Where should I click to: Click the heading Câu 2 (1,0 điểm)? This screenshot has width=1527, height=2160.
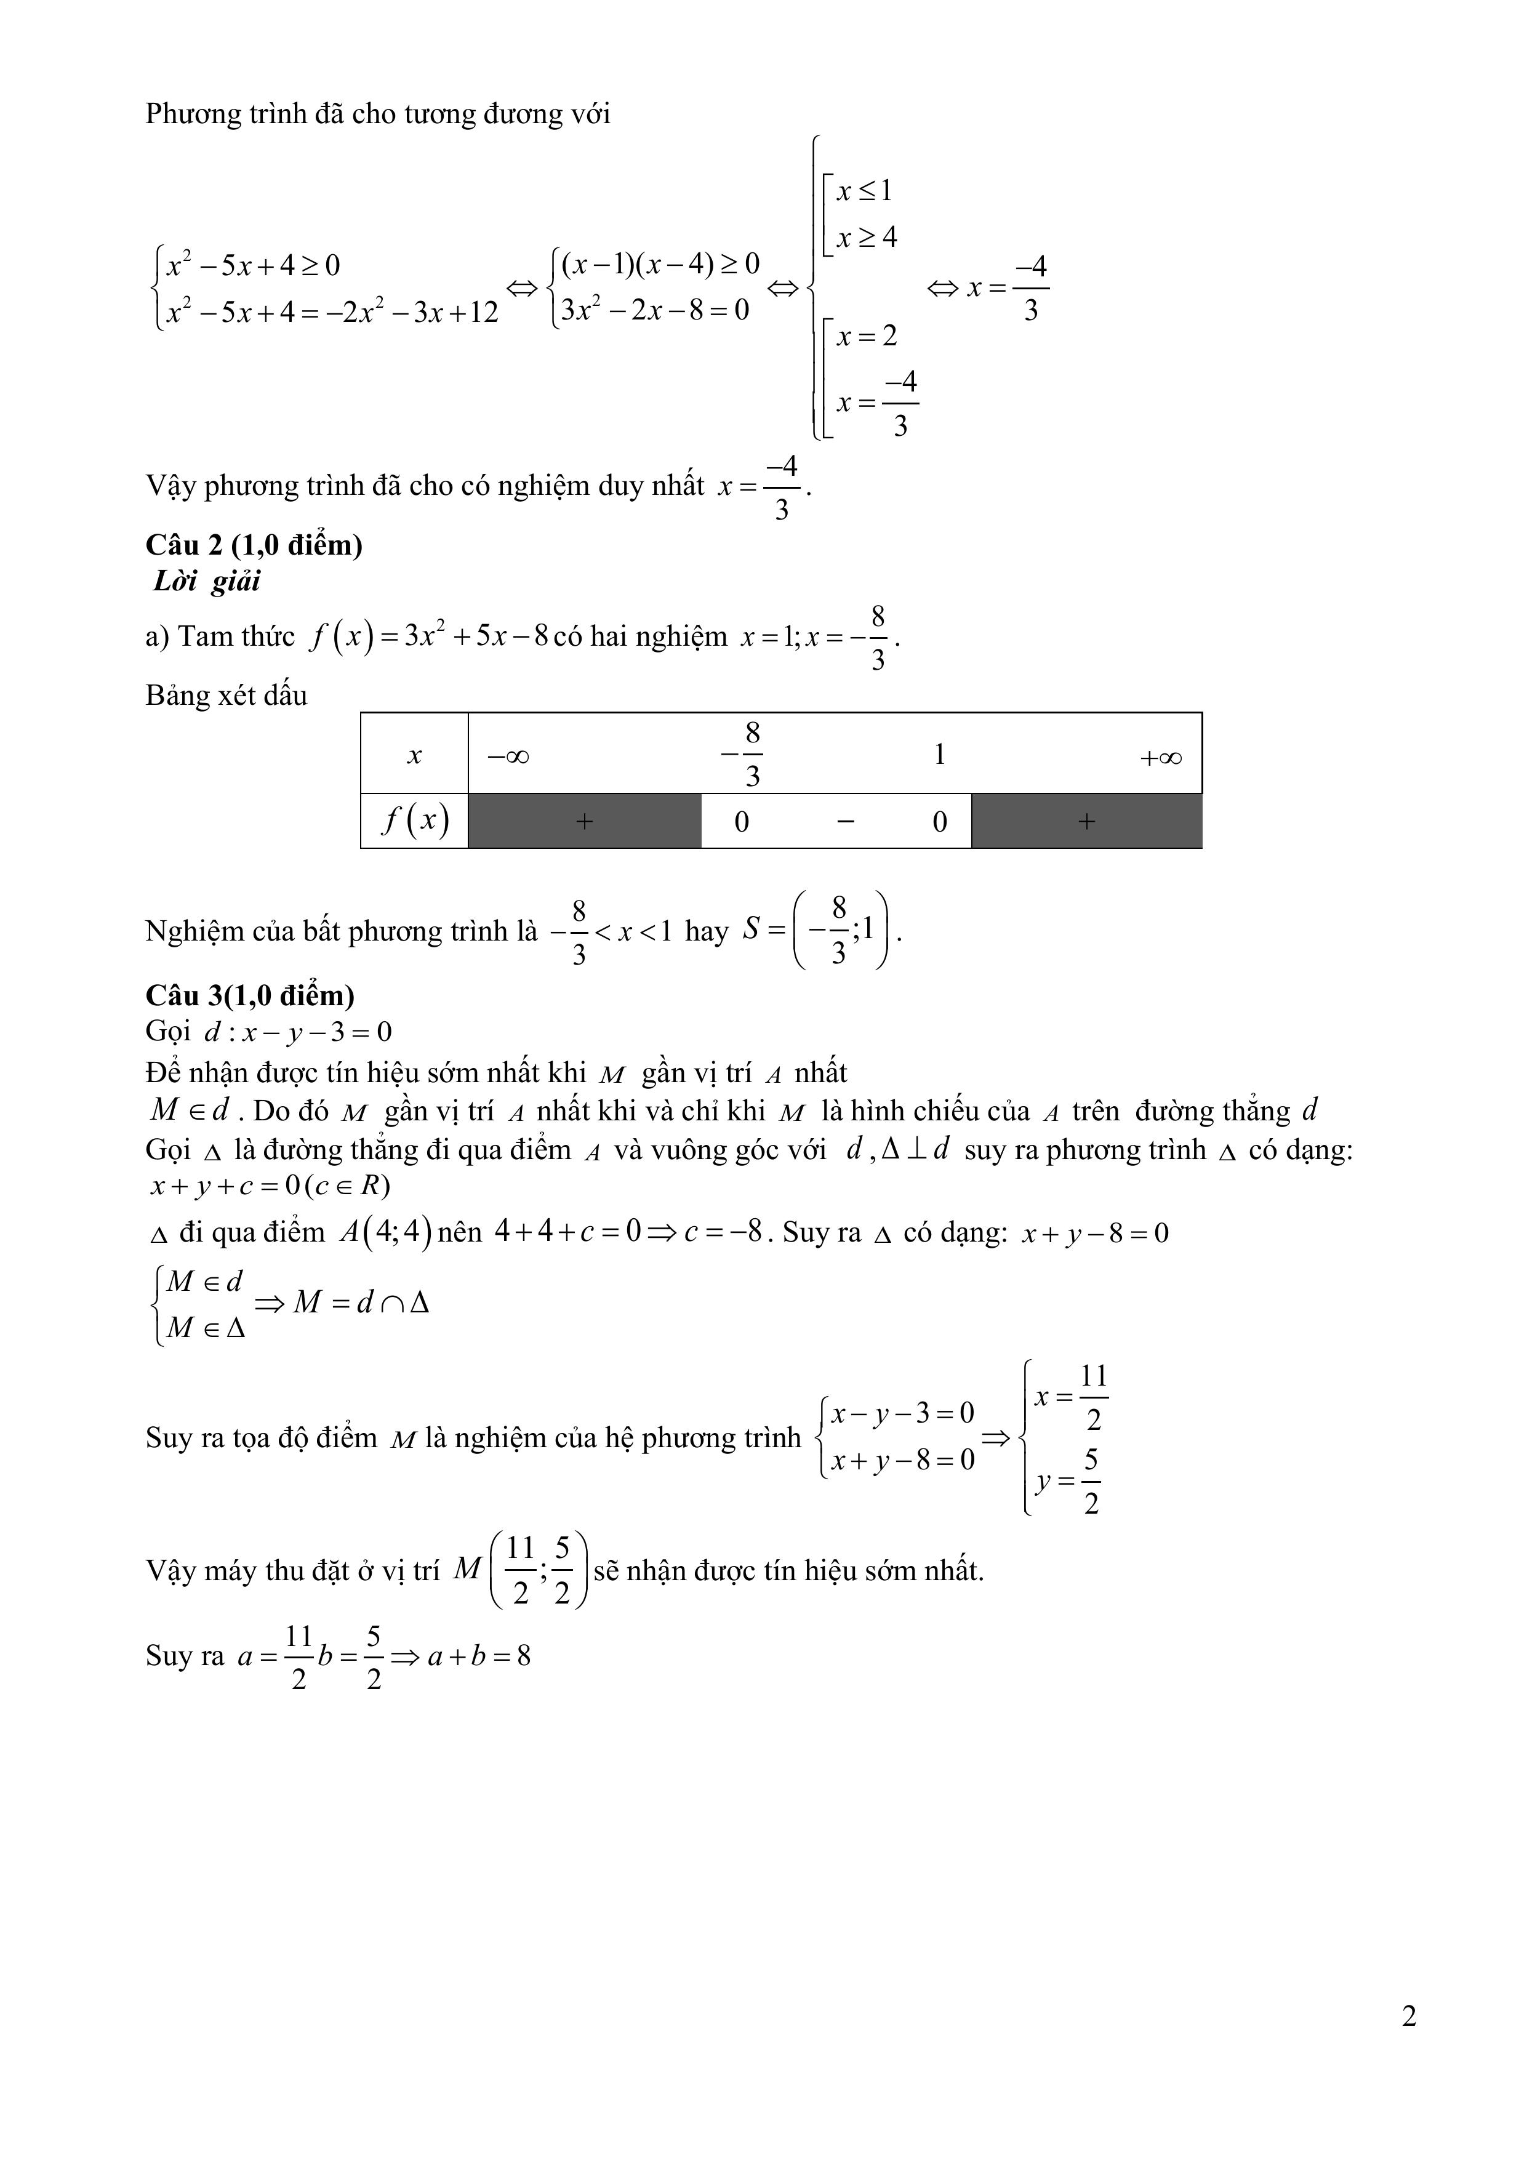(x=254, y=545)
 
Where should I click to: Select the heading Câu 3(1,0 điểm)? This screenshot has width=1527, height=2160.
(x=250, y=995)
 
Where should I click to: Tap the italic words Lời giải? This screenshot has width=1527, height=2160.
(x=206, y=581)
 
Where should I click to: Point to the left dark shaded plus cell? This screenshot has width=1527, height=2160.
(x=584, y=821)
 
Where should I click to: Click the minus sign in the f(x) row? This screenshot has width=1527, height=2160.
(x=845, y=821)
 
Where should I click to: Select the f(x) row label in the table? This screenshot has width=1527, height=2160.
(x=414, y=821)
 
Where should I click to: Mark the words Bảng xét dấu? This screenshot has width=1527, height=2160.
(x=226, y=695)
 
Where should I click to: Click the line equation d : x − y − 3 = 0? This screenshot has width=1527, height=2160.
(x=297, y=1033)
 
